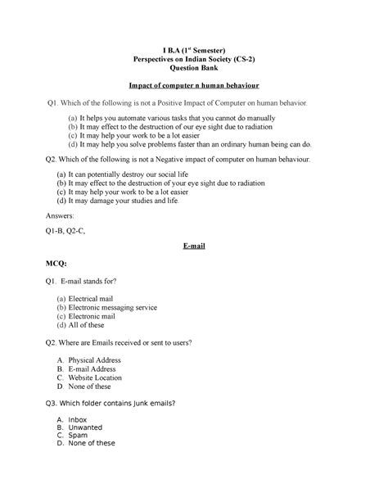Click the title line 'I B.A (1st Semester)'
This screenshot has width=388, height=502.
(x=194, y=47)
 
